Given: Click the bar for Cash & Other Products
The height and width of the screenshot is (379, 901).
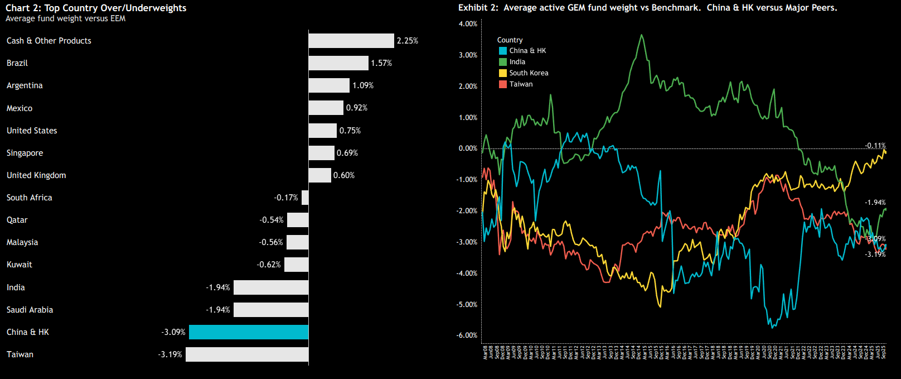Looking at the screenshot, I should point(351,41).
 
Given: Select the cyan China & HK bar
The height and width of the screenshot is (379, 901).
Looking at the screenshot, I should point(249,332).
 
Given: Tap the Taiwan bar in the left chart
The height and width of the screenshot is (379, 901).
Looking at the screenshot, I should point(247,354).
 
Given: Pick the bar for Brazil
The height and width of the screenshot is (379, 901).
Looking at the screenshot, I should point(338,63).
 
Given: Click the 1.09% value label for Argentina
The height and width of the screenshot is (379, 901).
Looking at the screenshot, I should point(363,85).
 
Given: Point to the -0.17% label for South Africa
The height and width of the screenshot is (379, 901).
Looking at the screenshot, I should point(286,198).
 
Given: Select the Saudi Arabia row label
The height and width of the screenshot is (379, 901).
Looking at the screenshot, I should point(30,310).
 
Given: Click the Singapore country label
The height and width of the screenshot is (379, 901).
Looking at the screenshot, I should point(25,153).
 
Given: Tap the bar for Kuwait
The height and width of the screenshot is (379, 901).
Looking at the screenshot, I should point(297,265).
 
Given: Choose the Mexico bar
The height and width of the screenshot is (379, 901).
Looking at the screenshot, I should point(326,108).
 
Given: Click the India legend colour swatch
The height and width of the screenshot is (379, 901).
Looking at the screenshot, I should point(503,62).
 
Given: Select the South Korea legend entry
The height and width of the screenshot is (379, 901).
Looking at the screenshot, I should point(529,73).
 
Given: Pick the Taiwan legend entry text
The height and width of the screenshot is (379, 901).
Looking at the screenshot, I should point(521,84).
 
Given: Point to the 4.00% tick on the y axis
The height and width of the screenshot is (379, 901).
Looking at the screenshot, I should point(468,24).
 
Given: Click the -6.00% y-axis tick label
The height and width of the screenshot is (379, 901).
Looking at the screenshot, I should point(467,335).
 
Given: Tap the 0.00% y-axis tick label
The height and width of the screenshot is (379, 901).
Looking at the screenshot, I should point(468,148).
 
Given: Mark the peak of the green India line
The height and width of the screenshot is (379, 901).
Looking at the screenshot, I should point(642,35).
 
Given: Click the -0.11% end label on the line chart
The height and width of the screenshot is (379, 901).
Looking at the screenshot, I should point(875,146).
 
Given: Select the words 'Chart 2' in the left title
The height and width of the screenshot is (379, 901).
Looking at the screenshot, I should point(22,8).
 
